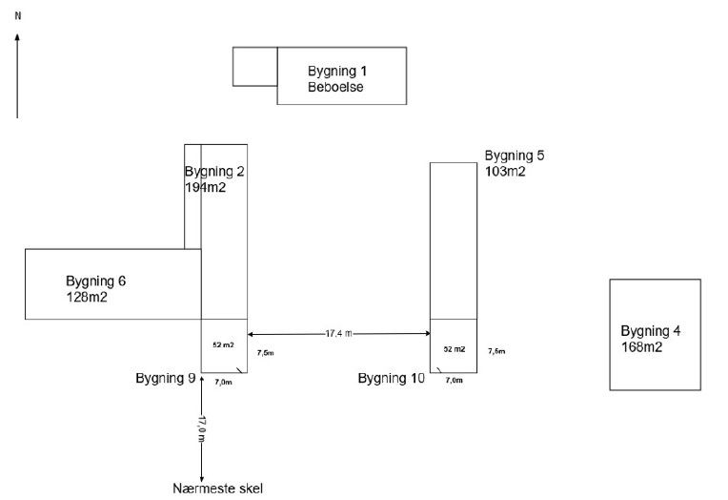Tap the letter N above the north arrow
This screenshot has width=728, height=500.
pyautogui.click(x=17, y=16)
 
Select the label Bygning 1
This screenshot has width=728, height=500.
pyautogui.click(x=337, y=72)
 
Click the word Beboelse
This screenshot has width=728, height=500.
pyautogui.click(x=335, y=88)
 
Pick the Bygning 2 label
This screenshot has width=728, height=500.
pyautogui.click(x=215, y=172)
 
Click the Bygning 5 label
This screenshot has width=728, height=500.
pyautogui.click(x=515, y=156)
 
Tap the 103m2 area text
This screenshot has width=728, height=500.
pyautogui.click(x=505, y=172)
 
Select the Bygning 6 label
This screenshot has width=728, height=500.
pyautogui.click(x=95, y=281)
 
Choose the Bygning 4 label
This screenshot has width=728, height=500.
pyautogui.click(x=651, y=331)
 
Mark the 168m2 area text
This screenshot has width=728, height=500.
pyautogui.click(x=641, y=347)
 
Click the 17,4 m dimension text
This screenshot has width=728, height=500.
pyautogui.click(x=338, y=333)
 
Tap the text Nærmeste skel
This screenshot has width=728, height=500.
pyautogui.click(x=217, y=489)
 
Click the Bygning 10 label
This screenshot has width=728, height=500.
pyautogui.click(x=392, y=379)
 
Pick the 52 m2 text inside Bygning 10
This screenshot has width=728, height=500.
pyautogui.click(x=455, y=349)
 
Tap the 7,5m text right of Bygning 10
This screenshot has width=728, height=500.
pyautogui.click(x=496, y=351)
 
